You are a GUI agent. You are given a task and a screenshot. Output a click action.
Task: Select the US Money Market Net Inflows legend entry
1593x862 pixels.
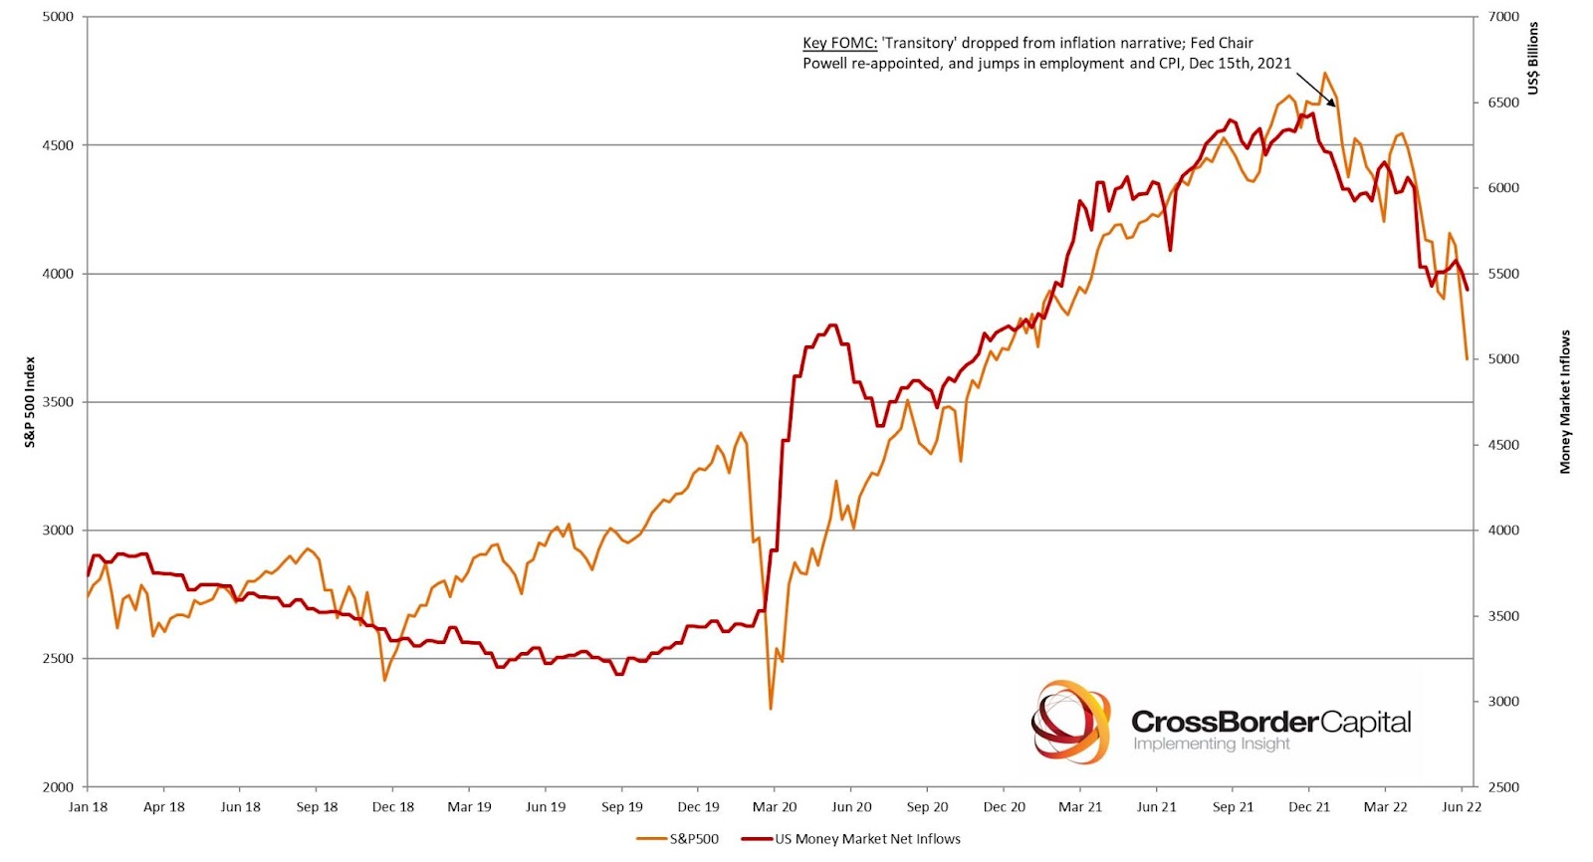867,839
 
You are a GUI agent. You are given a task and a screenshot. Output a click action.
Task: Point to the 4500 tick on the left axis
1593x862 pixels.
58,145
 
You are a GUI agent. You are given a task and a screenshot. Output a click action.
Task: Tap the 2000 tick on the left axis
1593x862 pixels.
58,787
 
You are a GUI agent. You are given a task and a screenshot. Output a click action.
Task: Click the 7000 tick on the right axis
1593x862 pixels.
1503,17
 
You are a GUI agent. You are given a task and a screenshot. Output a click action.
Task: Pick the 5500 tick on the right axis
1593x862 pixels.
1503,274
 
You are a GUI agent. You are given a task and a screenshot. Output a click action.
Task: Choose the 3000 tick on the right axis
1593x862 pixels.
1503,702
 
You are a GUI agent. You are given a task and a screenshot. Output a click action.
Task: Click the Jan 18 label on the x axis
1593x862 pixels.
88,807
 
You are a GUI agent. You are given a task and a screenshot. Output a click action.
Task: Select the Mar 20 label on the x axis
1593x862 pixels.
775,807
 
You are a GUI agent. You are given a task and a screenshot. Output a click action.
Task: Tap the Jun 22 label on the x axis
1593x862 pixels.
1462,807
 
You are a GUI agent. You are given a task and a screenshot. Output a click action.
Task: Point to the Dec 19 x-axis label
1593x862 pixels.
698,807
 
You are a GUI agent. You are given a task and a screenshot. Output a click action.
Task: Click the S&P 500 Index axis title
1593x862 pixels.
30,402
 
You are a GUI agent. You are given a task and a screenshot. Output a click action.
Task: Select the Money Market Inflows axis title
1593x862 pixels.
1565,402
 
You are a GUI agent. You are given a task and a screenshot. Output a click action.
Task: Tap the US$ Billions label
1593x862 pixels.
1533,58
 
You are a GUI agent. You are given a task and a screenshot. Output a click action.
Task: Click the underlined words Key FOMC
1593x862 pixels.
839,43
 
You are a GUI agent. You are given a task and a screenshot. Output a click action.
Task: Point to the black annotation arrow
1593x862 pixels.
1316,89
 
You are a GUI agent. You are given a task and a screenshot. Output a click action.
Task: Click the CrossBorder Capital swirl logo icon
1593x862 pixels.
1070,723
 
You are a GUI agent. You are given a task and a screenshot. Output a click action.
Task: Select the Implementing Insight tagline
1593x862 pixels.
1211,745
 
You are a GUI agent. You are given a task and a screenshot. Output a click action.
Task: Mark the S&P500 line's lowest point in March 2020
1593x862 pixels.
771,709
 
